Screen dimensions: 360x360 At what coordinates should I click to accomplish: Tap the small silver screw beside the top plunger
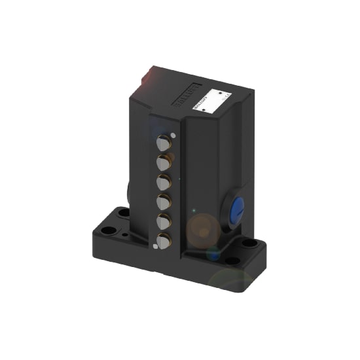(173, 135)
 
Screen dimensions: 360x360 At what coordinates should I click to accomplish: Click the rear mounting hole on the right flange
(249, 243)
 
